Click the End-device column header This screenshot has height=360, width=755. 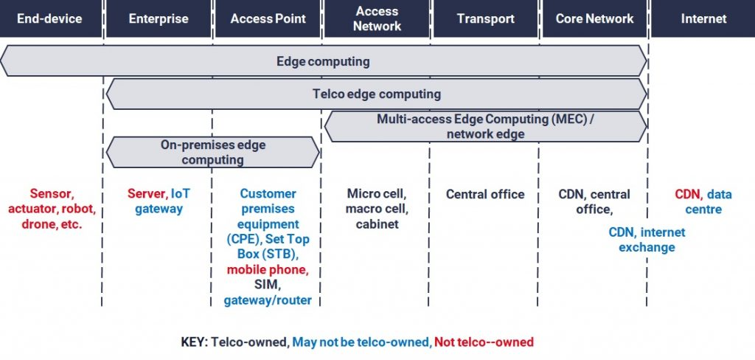tap(50, 18)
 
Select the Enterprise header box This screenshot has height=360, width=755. tap(159, 18)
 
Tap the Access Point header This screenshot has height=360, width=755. tap(268, 18)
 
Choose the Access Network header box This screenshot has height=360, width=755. tap(377, 18)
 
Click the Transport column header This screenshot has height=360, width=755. tap(485, 18)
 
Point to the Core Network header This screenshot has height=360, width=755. tap(594, 18)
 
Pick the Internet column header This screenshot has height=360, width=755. tap(703, 18)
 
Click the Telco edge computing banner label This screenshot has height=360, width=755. tap(377, 94)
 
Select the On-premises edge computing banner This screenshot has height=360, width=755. tap(213, 152)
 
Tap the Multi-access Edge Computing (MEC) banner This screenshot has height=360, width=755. tap(485, 126)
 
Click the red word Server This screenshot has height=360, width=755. tap(147, 194)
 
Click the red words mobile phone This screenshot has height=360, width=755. tap(267, 269)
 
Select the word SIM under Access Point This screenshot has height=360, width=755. tap(268, 285)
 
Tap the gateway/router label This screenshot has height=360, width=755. tap(268, 300)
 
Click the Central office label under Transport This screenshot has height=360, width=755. tap(485, 194)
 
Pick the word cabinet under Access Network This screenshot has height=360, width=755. tap(377, 224)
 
